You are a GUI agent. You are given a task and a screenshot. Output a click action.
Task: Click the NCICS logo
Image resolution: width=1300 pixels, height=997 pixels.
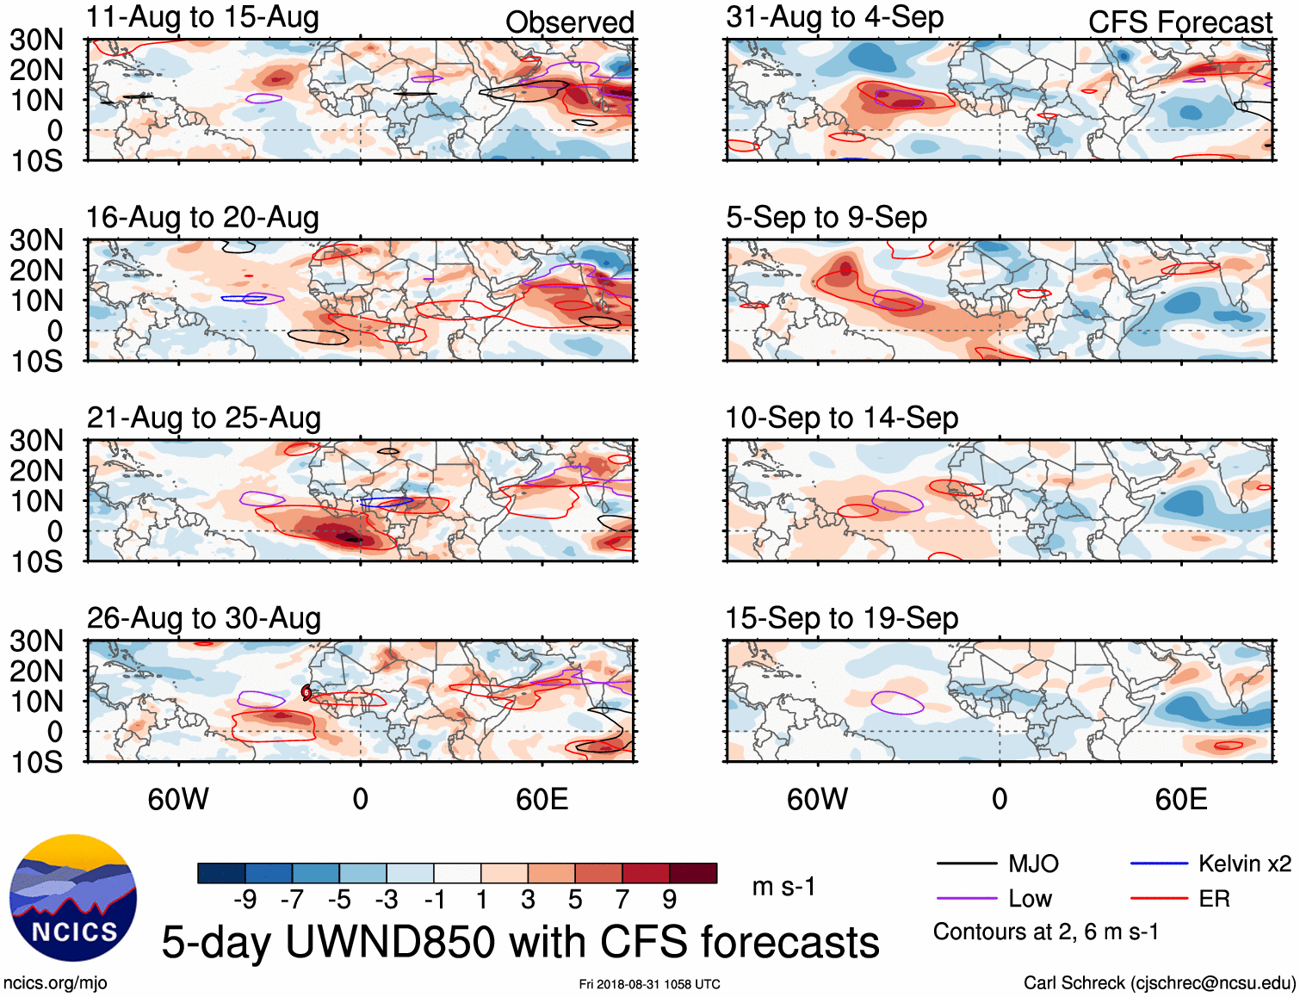pyautogui.click(x=72, y=898)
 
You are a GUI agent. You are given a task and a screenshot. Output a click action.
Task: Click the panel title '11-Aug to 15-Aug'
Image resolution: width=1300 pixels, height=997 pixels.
pyautogui.click(x=202, y=17)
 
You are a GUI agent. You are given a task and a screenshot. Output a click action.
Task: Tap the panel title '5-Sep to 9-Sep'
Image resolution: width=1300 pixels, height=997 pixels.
pyautogui.click(x=826, y=218)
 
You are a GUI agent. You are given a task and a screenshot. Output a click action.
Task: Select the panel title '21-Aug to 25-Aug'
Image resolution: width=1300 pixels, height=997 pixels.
pyautogui.click(x=204, y=418)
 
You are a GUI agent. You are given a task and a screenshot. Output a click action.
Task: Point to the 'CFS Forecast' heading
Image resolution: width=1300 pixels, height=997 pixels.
pyautogui.click(x=1179, y=23)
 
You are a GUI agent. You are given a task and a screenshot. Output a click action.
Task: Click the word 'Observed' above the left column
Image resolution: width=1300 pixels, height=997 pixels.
pyautogui.click(x=569, y=23)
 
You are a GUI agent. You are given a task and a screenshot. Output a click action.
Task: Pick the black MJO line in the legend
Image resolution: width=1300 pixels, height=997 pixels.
pyautogui.click(x=966, y=864)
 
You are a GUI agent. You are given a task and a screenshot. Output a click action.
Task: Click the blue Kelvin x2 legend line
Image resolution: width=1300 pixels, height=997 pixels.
pyautogui.click(x=1159, y=864)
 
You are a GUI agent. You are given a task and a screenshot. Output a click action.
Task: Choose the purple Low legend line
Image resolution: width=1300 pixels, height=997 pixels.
pyautogui.click(x=966, y=899)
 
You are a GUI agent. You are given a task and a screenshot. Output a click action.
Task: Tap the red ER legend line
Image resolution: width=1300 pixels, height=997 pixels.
pyautogui.click(x=1159, y=899)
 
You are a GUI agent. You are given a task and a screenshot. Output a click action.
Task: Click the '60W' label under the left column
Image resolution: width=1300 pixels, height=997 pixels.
pyautogui.click(x=178, y=799)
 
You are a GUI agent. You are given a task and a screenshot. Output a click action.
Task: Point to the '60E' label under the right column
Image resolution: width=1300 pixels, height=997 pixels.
pyautogui.click(x=1180, y=799)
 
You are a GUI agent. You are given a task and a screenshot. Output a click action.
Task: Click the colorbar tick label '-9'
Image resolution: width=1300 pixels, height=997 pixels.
pyautogui.click(x=245, y=900)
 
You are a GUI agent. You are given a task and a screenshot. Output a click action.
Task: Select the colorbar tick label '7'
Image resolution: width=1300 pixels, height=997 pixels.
pyautogui.click(x=622, y=900)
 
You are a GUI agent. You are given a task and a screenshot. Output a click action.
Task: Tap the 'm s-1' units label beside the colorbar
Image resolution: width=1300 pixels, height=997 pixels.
pyautogui.click(x=783, y=887)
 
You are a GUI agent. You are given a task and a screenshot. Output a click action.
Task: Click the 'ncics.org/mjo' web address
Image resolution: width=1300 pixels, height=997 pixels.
pyautogui.click(x=55, y=983)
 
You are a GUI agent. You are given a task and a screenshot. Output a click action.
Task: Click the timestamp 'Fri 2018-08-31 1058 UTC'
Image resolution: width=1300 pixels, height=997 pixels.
pyautogui.click(x=649, y=984)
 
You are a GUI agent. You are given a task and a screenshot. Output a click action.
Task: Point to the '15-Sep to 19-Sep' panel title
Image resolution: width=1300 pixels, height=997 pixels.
pyautogui.click(x=841, y=619)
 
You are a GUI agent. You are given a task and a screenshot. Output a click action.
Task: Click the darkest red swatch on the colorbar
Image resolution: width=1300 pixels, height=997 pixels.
pyautogui.click(x=693, y=873)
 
